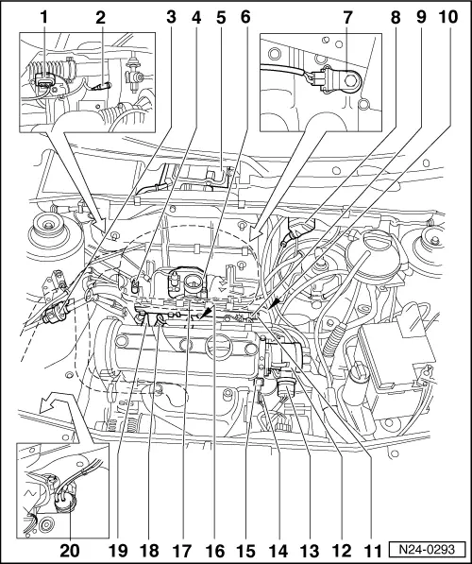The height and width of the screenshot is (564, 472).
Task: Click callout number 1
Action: [x=43, y=17]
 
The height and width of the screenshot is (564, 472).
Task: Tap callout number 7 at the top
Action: [x=347, y=17]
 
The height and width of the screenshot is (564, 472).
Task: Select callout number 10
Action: [x=447, y=17]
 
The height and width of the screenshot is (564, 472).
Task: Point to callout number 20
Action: [x=70, y=551]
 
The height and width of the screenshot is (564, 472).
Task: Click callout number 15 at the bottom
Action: [x=246, y=551]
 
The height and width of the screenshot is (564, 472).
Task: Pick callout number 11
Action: [x=373, y=551]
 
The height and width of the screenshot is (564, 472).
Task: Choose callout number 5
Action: [x=221, y=17]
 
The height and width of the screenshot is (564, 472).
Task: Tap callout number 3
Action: [x=172, y=17]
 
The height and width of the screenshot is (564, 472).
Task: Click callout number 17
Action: [x=182, y=551]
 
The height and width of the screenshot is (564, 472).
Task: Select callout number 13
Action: [x=309, y=551]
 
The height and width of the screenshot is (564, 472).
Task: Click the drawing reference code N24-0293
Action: [x=427, y=549]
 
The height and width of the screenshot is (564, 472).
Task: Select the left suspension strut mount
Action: [x=48, y=230]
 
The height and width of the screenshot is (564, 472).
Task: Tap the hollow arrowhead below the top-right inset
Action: [x=256, y=233]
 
